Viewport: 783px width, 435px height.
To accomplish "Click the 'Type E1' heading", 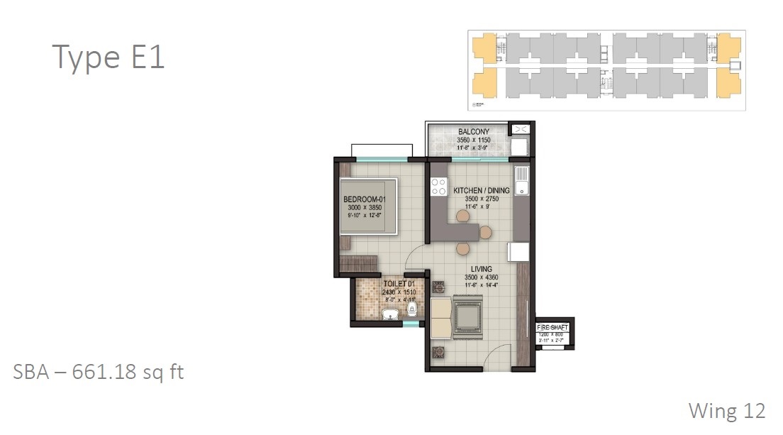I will (109, 57).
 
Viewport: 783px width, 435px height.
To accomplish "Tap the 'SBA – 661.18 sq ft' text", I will (99, 372).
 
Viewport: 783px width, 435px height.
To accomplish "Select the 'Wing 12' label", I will (727, 410).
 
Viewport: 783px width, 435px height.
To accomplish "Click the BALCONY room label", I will (474, 132).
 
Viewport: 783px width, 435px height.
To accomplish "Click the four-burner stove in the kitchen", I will (438, 187).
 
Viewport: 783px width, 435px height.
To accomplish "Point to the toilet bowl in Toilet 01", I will (411, 309).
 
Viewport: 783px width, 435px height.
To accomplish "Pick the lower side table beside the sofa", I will (438, 351).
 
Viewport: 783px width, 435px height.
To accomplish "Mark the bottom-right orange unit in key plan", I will (728, 83).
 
